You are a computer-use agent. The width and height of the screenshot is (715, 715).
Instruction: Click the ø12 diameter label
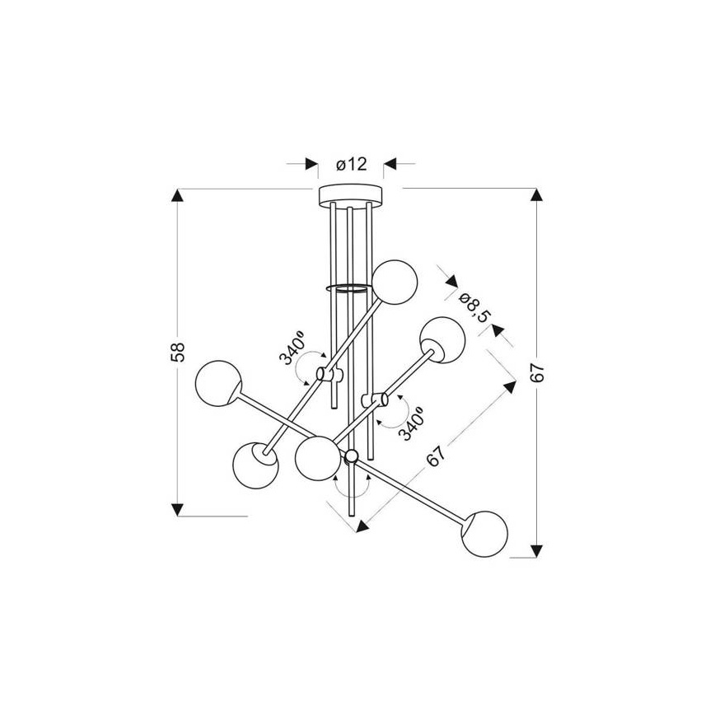coord(351,164)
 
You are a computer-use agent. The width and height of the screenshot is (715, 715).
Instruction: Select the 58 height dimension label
coord(178,352)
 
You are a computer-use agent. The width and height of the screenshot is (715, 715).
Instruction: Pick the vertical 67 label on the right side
coord(538,372)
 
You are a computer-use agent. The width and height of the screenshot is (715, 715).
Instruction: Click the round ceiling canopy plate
coord(351,194)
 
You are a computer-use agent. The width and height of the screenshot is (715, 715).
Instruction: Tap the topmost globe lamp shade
coord(395,283)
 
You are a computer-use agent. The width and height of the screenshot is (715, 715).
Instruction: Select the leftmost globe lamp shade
coord(218,383)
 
